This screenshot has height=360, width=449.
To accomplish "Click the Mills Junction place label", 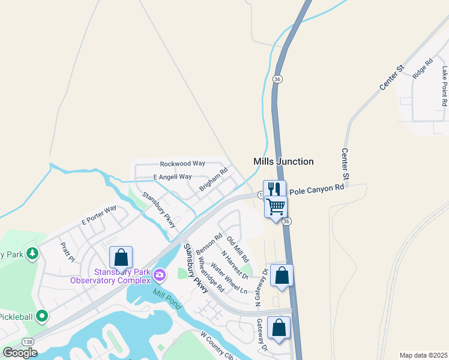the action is pyautogui.click(x=283, y=161).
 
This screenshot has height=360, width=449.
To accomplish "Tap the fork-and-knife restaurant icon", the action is pyautogui.click(x=274, y=189).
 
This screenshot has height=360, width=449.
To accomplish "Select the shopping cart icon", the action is pyautogui.click(x=276, y=206).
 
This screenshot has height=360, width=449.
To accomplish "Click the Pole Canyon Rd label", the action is pyautogui.click(x=316, y=189).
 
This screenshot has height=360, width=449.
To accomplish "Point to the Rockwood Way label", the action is pyautogui.click(x=182, y=163).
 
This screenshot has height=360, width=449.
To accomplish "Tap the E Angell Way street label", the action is pyautogui.click(x=172, y=177).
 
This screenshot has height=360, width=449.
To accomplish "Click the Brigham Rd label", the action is pyautogui.click(x=214, y=179).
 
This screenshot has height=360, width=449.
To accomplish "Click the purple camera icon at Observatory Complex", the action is pyautogui.click(x=160, y=275).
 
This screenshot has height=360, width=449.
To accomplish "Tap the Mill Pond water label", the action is pyautogui.click(x=166, y=295).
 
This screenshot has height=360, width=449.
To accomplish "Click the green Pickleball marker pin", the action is pyautogui.click(x=41, y=315).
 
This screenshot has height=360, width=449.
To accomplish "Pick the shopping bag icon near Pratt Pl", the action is pyautogui.click(x=121, y=257).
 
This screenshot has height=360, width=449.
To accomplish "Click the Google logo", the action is pyautogui.click(x=20, y=353).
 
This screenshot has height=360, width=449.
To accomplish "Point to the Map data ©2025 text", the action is pyautogui.click(x=423, y=355).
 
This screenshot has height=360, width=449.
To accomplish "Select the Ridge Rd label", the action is pyautogui.click(x=423, y=68).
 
